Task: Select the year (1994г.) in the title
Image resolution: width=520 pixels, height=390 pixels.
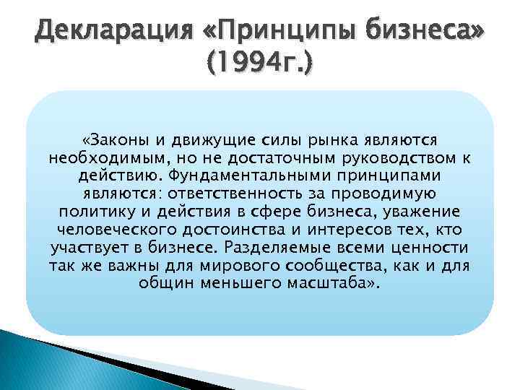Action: tap(260, 66)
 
